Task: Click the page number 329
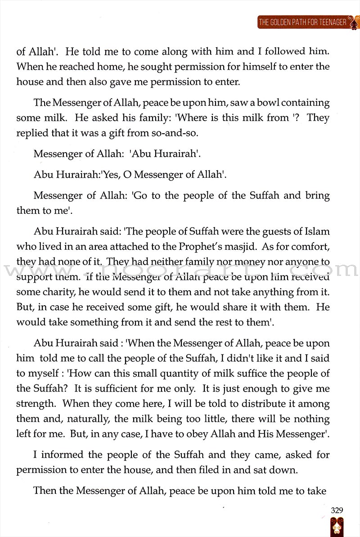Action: point(337,510)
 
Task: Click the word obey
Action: point(221,434)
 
